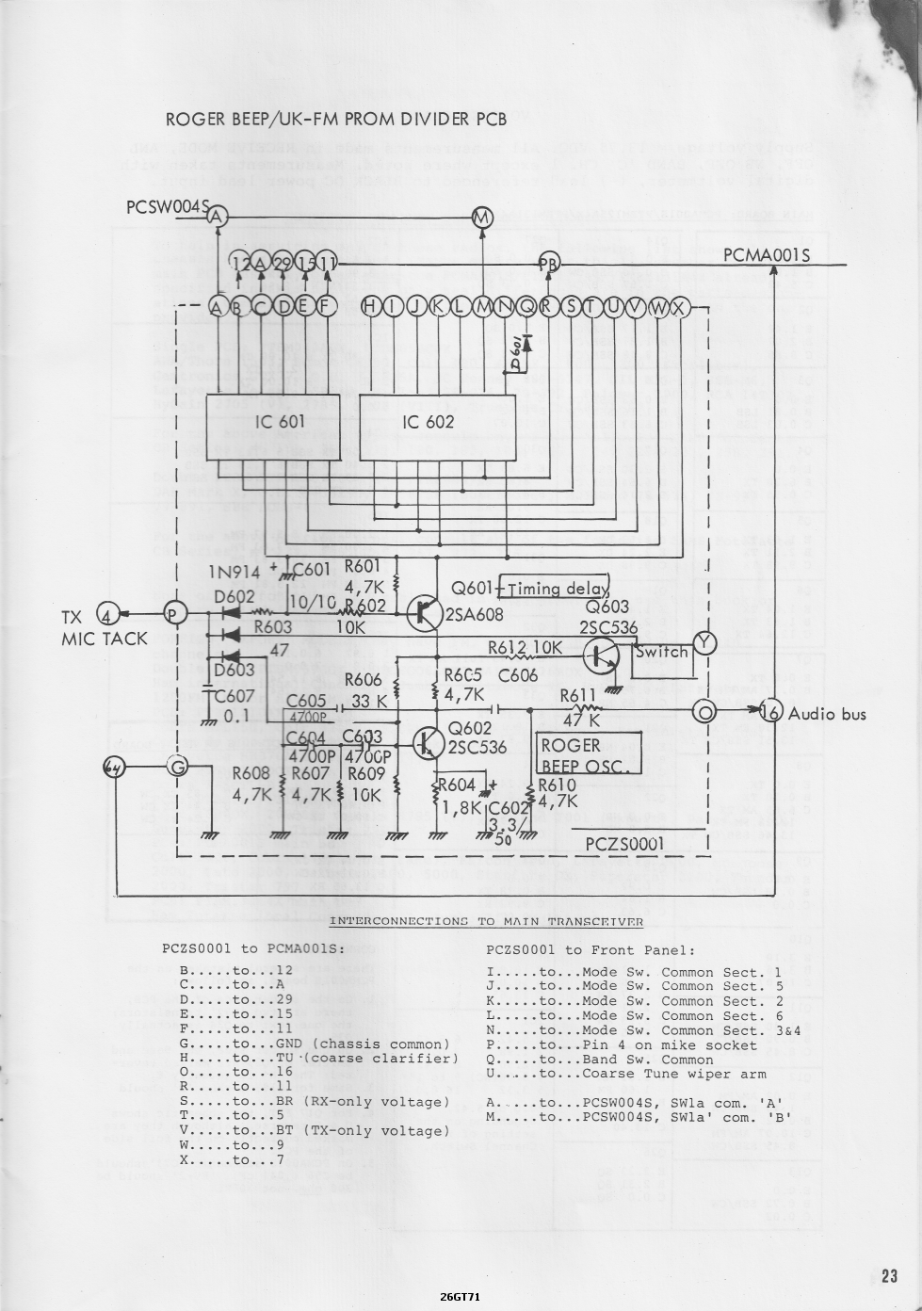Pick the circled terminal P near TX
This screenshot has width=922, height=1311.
pos(175,614)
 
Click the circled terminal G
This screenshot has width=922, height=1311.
pos(177,767)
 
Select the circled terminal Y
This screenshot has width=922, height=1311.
pos(704,643)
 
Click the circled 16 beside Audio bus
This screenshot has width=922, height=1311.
pos(771,712)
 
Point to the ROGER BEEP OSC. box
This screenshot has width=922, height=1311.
pos(589,754)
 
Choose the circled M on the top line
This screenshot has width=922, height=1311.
pos(481,218)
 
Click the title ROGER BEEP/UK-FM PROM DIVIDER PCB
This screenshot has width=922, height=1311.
pos(336,119)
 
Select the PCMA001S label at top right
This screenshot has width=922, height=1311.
pos(766,255)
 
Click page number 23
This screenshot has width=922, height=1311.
pos(888,1276)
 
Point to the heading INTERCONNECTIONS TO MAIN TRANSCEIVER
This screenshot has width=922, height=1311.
pos(486,921)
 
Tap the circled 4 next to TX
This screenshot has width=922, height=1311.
pos(108,616)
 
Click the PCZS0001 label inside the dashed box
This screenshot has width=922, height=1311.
pos(624,844)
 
